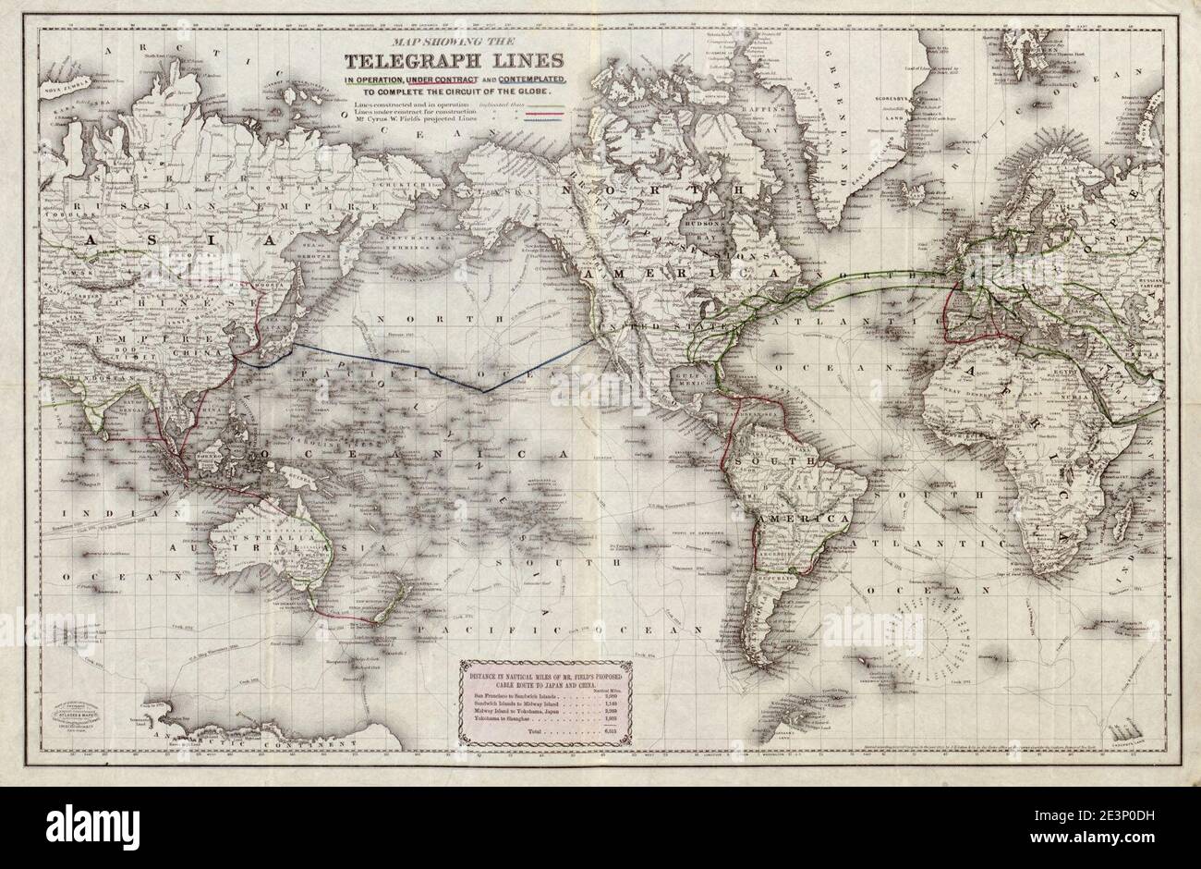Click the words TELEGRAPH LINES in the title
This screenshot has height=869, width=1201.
[455, 63]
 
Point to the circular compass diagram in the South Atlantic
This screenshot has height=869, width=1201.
[952, 638]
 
